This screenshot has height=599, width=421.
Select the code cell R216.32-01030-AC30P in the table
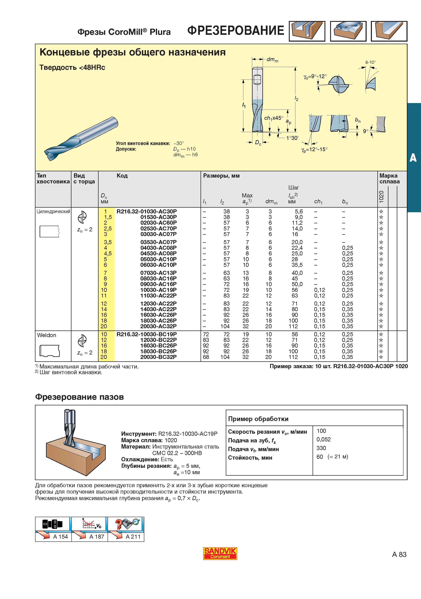(146, 211)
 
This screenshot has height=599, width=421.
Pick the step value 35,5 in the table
(297, 265)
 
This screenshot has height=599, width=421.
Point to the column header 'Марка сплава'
(389, 178)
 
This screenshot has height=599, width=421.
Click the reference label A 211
(133, 537)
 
